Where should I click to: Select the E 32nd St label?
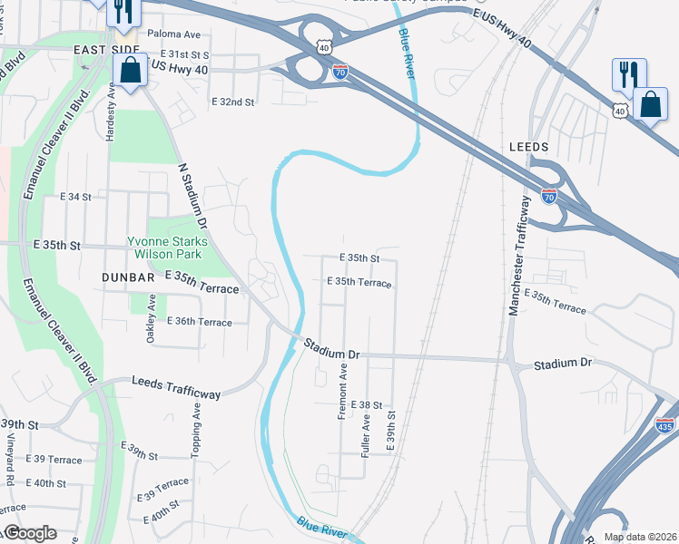point(231,102)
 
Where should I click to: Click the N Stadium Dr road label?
point(193,195)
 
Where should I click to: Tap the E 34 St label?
point(76,197)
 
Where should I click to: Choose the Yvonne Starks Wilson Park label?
point(167,248)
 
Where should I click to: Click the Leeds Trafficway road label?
point(176,388)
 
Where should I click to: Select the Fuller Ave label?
point(366,434)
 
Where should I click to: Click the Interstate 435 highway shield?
point(665,423)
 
